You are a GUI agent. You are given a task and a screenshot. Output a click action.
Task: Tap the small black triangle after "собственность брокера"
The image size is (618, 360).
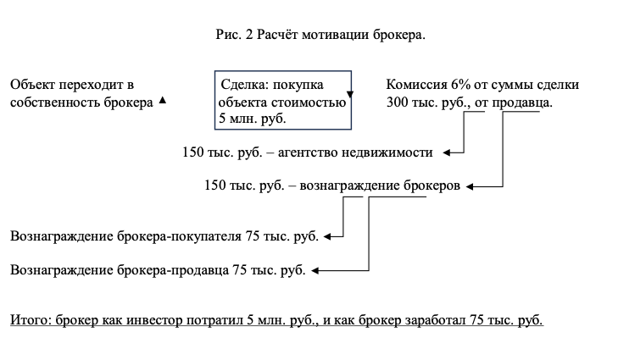[x=163, y=100]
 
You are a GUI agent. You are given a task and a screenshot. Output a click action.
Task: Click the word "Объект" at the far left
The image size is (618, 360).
[x=32, y=85]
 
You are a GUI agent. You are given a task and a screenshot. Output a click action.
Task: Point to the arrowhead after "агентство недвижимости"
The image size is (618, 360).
[x=447, y=152]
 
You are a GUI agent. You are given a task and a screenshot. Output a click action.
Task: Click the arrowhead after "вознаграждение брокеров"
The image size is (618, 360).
[x=472, y=185]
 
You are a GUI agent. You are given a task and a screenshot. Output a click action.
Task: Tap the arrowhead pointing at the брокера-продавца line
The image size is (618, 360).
[x=315, y=271]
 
